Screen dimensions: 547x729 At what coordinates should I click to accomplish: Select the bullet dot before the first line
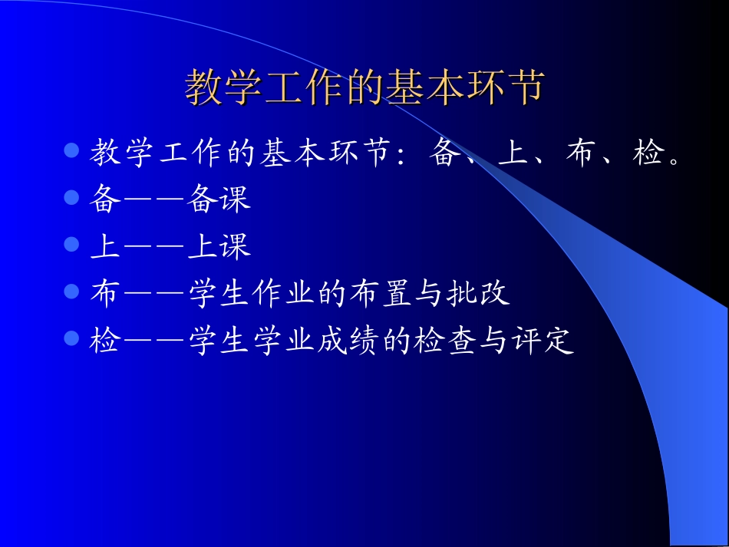[x=72, y=150]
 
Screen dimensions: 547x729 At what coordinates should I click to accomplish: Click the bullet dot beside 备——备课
[x=72, y=197]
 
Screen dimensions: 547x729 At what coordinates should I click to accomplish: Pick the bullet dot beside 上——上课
[x=72, y=244]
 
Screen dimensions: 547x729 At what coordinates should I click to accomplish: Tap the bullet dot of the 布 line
[x=72, y=291]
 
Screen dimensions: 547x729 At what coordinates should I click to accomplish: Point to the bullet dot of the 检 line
[x=72, y=338]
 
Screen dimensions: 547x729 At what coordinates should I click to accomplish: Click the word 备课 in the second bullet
[x=219, y=199]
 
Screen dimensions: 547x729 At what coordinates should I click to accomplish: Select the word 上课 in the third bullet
[x=219, y=246]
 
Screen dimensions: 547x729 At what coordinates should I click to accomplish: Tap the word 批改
[x=478, y=293]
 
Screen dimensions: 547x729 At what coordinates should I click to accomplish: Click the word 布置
[x=380, y=293]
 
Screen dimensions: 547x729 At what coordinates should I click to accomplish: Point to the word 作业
[x=282, y=293]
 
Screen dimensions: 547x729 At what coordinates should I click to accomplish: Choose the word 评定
[x=543, y=341]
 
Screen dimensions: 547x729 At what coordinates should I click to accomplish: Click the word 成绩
[x=348, y=341]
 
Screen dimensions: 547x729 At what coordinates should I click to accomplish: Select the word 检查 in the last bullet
[x=445, y=341]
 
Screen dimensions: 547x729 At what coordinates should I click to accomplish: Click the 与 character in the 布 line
[x=429, y=293]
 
